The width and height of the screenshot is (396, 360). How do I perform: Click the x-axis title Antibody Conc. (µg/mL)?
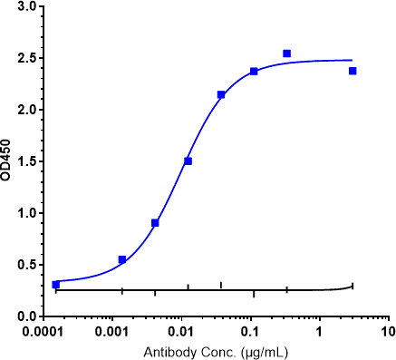[216, 350]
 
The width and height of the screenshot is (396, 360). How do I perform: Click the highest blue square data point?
[287, 54]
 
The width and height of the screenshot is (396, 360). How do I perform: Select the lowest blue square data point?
[56, 285]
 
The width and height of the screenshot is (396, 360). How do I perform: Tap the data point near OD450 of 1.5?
[188, 161]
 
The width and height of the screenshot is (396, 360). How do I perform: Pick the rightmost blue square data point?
[353, 71]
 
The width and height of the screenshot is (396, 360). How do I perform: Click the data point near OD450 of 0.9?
[155, 223]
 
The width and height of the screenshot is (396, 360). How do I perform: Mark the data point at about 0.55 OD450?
[122, 260]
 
